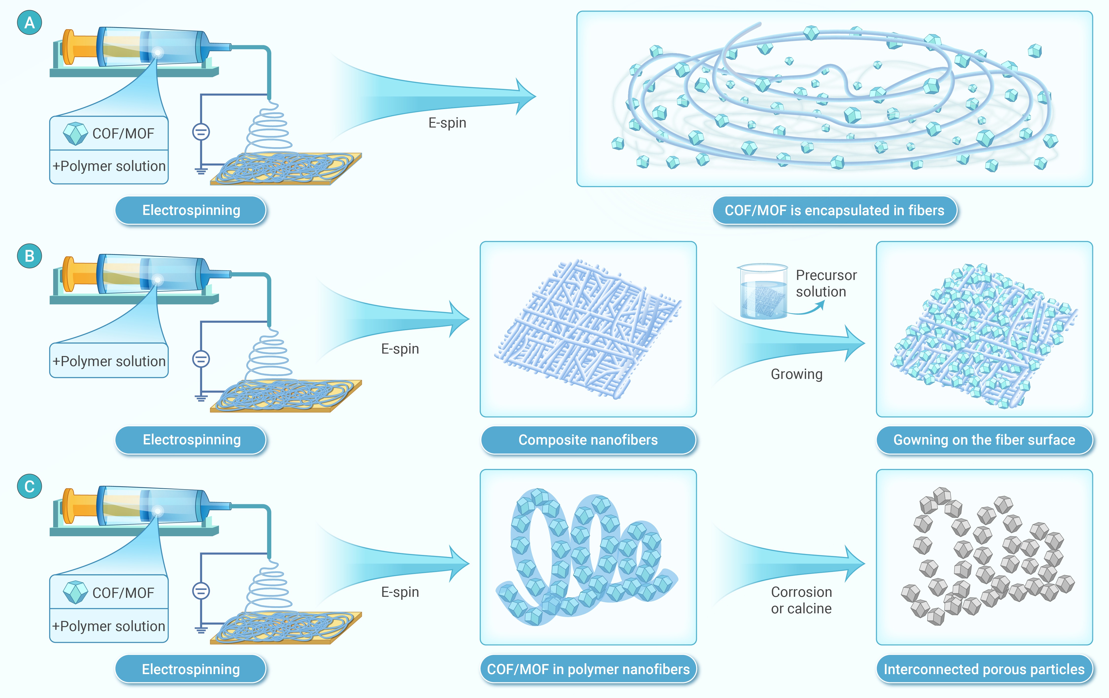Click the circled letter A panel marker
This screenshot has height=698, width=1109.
[x=30, y=23]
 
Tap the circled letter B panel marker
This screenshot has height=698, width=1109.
[x=30, y=256]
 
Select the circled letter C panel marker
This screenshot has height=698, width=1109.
[x=30, y=487]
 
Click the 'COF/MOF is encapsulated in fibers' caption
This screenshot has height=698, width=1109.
[x=835, y=211]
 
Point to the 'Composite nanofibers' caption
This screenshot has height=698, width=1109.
[x=588, y=440]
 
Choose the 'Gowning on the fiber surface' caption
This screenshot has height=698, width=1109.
[x=984, y=440]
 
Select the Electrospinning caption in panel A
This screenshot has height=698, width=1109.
[x=191, y=211]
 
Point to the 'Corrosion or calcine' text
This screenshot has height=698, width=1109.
[x=801, y=600]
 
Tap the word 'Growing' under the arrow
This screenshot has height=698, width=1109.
[x=797, y=374]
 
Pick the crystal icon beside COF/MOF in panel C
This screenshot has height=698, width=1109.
[x=75, y=592]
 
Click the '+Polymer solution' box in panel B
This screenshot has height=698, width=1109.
[x=109, y=361]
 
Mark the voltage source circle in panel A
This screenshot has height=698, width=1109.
[x=201, y=132]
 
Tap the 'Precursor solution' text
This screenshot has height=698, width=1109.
[x=826, y=283]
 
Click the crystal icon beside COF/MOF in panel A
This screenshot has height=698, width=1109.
[x=75, y=134]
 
